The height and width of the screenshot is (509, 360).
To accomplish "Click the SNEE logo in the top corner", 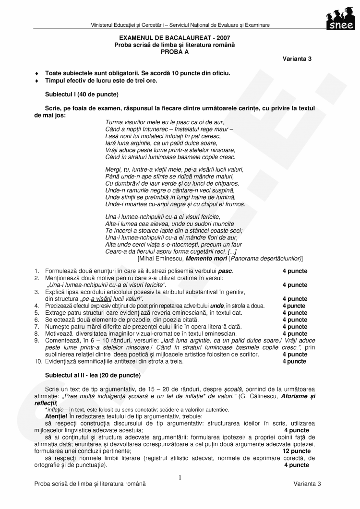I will (x=339, y=19).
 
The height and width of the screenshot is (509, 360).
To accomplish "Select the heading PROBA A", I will (x=174, y=51).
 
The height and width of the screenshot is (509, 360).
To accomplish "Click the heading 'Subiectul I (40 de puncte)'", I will (x=82, y=95).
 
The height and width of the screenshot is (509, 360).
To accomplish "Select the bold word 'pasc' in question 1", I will (x=225, y=271).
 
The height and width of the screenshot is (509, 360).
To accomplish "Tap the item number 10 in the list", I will (x=38, y=361).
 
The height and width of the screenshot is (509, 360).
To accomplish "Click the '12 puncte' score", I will (x=296, y=451).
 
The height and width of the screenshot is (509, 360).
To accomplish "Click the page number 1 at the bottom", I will (x=180, y=477).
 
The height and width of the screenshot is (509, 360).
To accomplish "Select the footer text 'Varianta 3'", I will (x=307, y=485).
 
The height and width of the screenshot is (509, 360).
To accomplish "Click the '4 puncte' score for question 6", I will (x=294, y=320).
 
